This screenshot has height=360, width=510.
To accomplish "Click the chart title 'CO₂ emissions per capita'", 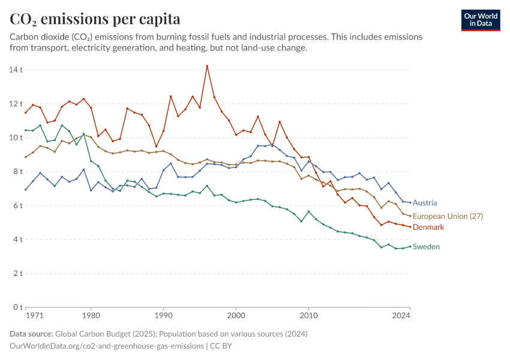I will click(95, 19).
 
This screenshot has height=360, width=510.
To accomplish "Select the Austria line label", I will click(425, 203).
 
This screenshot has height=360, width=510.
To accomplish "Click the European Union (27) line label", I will click(448, 216).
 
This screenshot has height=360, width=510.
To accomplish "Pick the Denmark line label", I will click(428, 227).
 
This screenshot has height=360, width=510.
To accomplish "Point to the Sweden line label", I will click(426, 247).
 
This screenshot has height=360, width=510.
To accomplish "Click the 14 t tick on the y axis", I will click(17, 70).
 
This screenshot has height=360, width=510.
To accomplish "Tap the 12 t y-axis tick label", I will click(17, 104).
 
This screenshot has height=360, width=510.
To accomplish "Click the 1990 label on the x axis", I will click(163, 314).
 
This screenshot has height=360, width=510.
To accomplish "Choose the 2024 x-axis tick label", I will click(402, 314).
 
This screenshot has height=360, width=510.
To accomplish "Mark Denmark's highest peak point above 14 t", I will click(207, 66).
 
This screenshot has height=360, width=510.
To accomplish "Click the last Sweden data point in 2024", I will click(410, 246).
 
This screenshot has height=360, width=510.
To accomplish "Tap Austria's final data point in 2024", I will click(410, 202).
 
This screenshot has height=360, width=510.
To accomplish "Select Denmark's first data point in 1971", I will click(26, 113).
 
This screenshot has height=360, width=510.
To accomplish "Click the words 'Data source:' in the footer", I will click(31, 334).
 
